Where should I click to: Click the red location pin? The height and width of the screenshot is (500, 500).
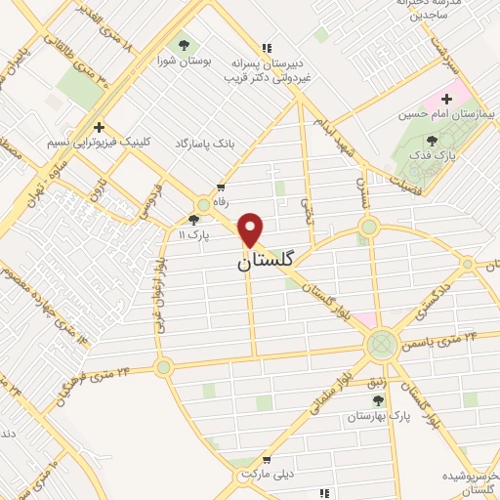pyautogui.click(x=251, y=229)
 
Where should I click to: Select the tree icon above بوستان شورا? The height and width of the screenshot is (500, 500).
pyautogui.click(x=181, y=44)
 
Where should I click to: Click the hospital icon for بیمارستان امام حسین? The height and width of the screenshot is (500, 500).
pyautogui.click(x=448, y=99)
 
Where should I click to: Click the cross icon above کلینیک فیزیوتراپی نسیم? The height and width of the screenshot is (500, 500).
pyautogui.click(x=97, y=127)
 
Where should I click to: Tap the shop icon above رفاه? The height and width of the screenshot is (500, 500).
pyautogui.click(x=222, y=186)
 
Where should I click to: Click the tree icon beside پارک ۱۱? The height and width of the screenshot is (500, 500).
pyautogui.click(x=192, y=221)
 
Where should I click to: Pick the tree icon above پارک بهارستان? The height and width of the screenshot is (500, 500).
pyautogui.click(x=378, y=399)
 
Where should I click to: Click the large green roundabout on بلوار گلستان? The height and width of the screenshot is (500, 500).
pyautogui.click(x=382, y=344)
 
